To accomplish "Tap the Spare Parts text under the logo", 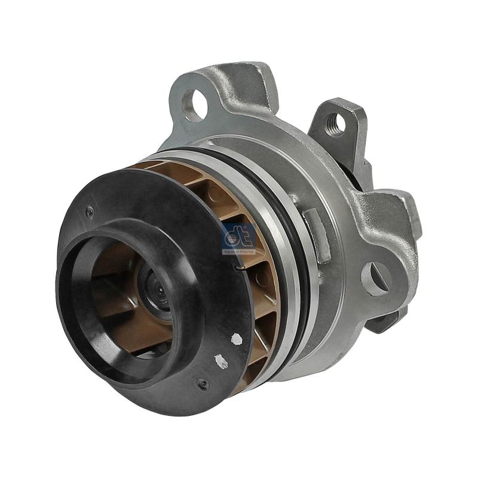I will (x=239, y=252).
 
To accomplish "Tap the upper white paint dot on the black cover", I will (x=236, y=339).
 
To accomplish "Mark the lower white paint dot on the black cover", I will (x=221, y=361).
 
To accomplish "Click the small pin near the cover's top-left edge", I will (x=90, y=210).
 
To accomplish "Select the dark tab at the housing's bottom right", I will (x=382, y=323).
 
